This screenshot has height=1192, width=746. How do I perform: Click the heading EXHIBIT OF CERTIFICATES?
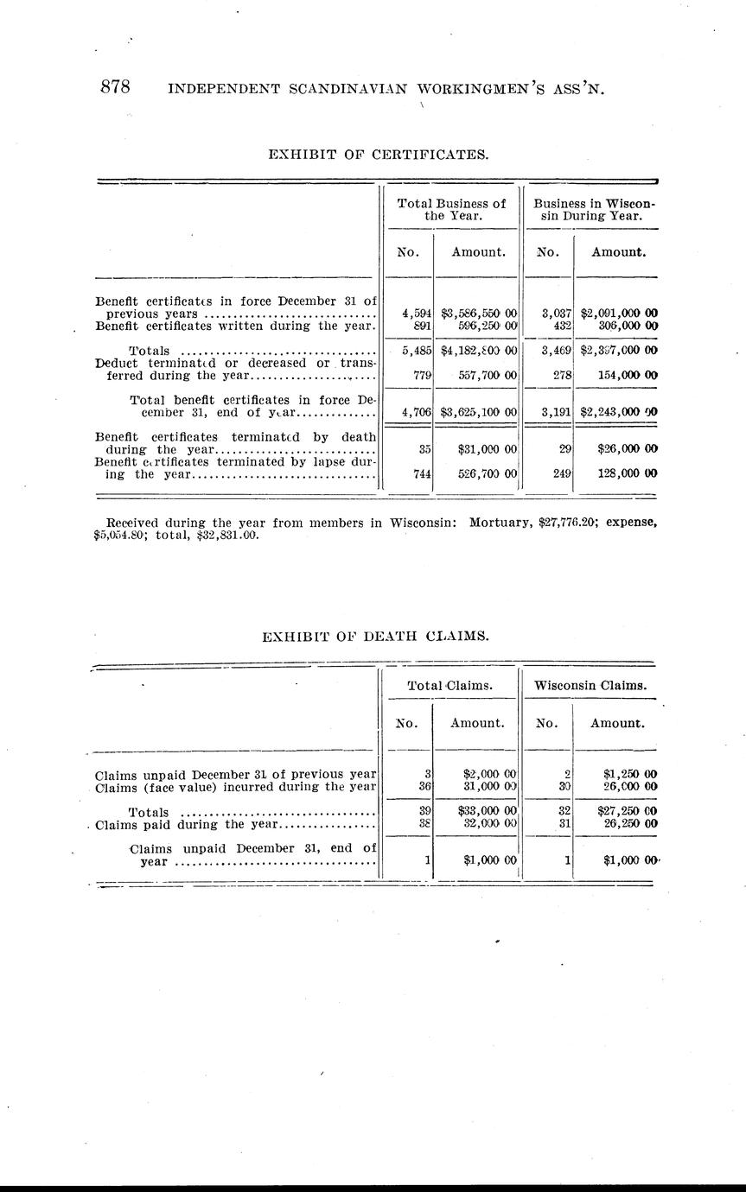379,155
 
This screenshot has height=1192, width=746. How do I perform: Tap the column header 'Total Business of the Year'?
451,210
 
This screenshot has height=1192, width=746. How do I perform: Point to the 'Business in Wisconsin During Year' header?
594,210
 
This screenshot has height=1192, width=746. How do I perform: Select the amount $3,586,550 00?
478,314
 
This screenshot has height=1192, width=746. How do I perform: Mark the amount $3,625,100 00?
478,412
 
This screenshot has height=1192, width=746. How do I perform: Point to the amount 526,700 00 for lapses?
487,474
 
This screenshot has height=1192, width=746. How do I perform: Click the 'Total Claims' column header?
450,685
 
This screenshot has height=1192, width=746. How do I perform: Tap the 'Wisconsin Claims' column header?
591,685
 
